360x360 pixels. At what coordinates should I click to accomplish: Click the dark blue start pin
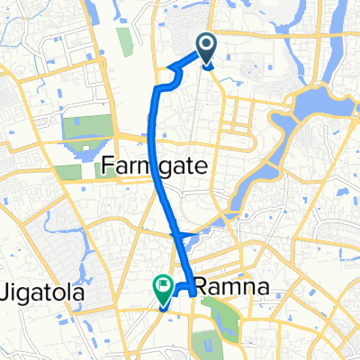click(206, 50)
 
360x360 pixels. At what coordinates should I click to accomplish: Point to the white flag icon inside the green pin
click(164, 286)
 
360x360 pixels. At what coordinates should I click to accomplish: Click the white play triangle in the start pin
click(206, 45)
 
